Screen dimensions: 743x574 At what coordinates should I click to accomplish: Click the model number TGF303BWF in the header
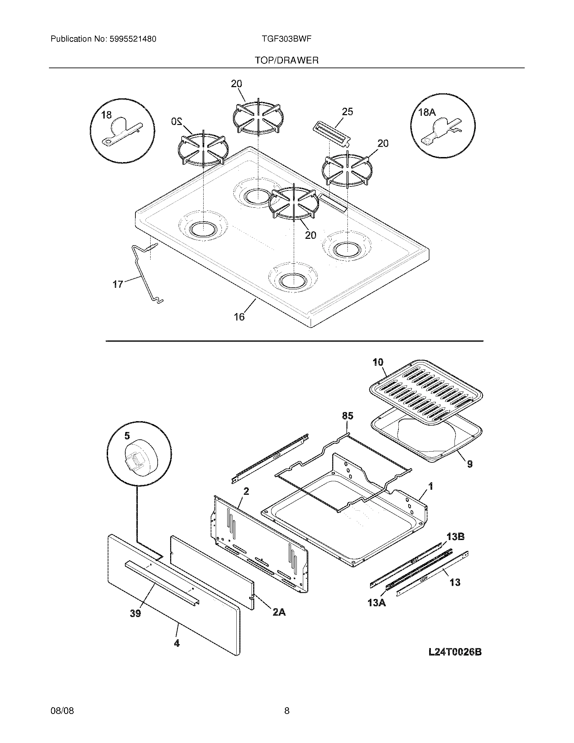[287, 39]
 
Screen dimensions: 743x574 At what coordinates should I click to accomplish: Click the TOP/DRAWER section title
[287, 60]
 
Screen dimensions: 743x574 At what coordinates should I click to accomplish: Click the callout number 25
[347, 111]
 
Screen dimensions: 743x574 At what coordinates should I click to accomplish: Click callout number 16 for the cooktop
[239, 317]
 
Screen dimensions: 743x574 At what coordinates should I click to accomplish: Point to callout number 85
[347, 416]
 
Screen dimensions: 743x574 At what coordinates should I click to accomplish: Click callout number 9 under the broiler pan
[470, 464]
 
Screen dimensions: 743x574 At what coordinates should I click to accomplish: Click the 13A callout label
[376, 603]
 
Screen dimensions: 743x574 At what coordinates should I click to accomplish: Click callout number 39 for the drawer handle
[135, 614]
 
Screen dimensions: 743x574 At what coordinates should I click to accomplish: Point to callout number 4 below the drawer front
[177, 643]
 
